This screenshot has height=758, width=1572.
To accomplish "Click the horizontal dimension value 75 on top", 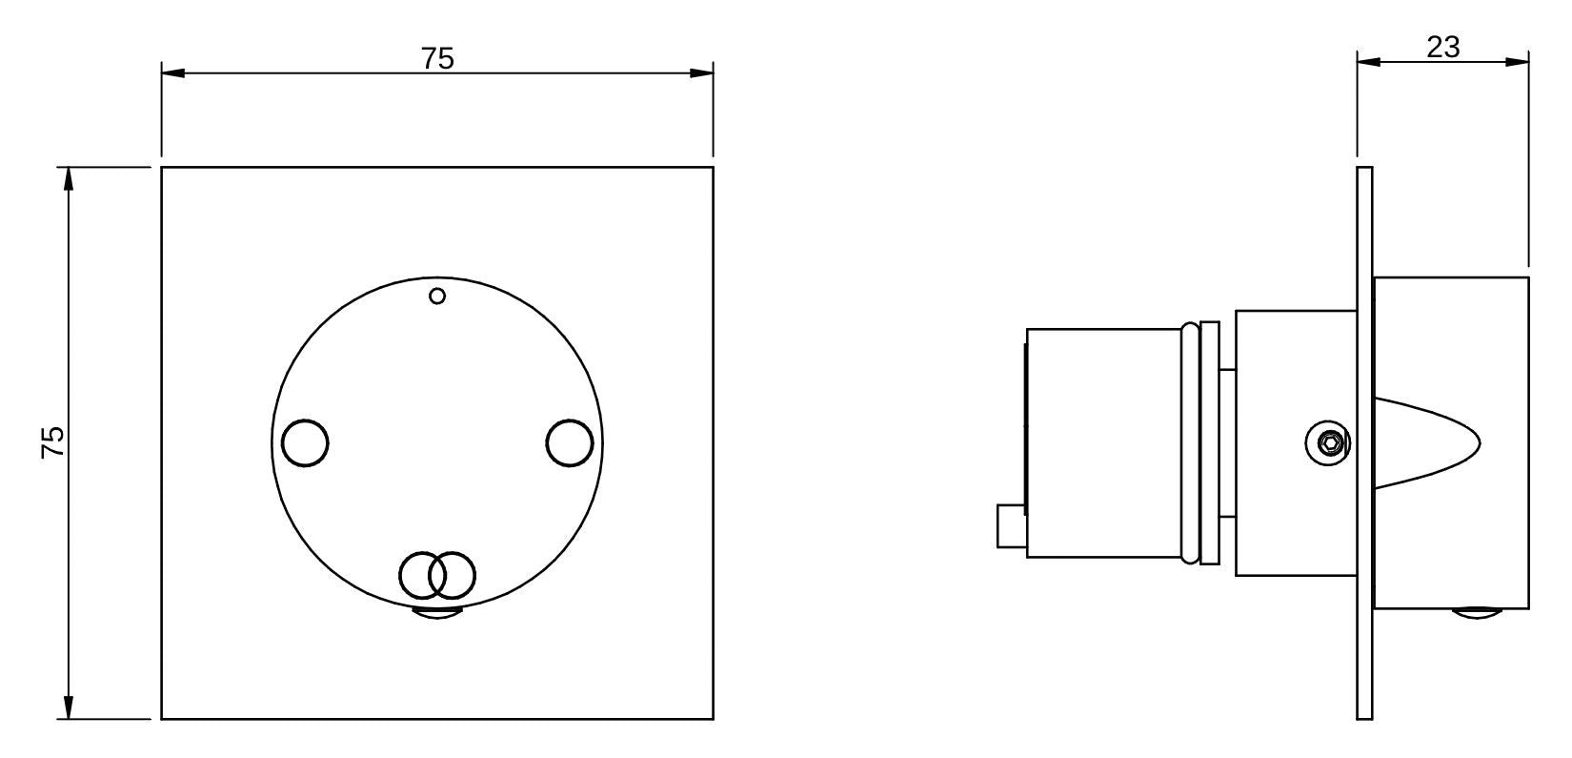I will coord(437,58).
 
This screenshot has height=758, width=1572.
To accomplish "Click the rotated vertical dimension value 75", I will coord(53,442).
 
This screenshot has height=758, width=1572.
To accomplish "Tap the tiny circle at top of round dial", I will coord(437,297).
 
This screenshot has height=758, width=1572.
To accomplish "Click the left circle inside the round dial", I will coord(306,443).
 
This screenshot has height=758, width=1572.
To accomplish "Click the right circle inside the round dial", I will coord(570,443).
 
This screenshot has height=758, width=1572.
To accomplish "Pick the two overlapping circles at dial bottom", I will coord(437,575).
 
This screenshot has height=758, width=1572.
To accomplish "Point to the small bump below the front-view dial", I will coord(437,613).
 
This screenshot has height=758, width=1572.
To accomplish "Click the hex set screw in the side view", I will coord(1329,442).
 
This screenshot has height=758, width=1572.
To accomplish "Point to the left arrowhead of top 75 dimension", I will coord(171,72).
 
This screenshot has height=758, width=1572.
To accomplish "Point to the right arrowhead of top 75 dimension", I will coord(703,72).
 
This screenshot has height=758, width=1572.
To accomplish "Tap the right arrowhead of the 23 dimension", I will coord(1519,62).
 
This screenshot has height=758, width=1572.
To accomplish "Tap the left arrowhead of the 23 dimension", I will coord(1368,62).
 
